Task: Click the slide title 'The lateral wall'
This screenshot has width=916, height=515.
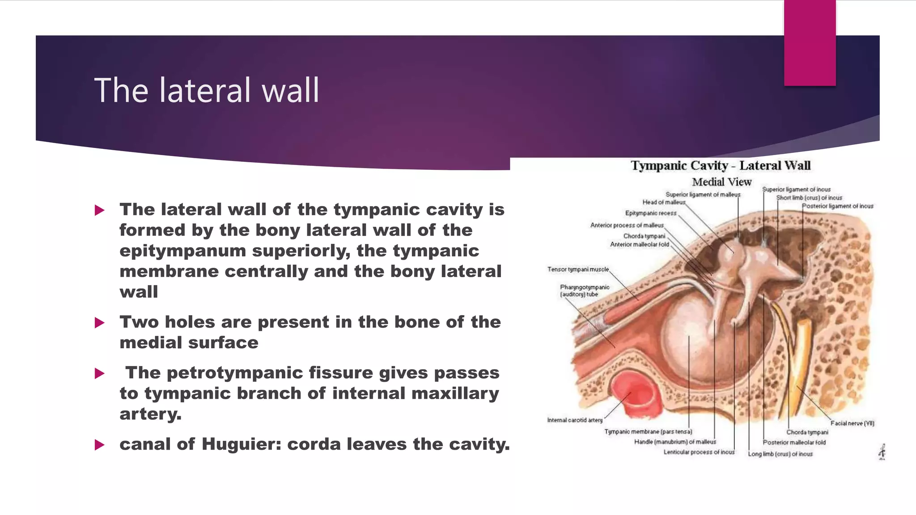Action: [207, 90]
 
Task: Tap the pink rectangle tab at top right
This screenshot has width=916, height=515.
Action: [810, 43]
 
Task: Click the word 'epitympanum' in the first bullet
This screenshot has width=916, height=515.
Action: [182, 251]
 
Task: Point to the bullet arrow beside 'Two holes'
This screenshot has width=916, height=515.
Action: [99, 323]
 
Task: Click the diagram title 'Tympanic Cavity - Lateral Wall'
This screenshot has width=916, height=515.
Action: [721, 165]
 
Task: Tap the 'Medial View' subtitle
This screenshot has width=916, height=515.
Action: [721, 182]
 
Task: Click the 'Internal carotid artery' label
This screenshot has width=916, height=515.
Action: [575, 420]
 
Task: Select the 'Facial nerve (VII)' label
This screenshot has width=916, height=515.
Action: [852, 423]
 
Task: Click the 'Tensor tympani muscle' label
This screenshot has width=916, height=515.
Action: [578, 269]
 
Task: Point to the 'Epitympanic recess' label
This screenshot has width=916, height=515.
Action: [651, 213]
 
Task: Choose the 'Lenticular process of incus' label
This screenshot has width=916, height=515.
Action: [699, 452]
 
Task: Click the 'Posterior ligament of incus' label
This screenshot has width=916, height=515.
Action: [837, 206]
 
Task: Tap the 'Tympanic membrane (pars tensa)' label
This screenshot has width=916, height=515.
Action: [648, 431]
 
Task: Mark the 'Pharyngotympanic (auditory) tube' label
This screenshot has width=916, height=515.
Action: [584, 291]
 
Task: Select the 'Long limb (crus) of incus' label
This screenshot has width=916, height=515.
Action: [780, 454]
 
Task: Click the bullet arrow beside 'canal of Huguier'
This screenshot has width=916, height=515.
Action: [99, 445]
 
